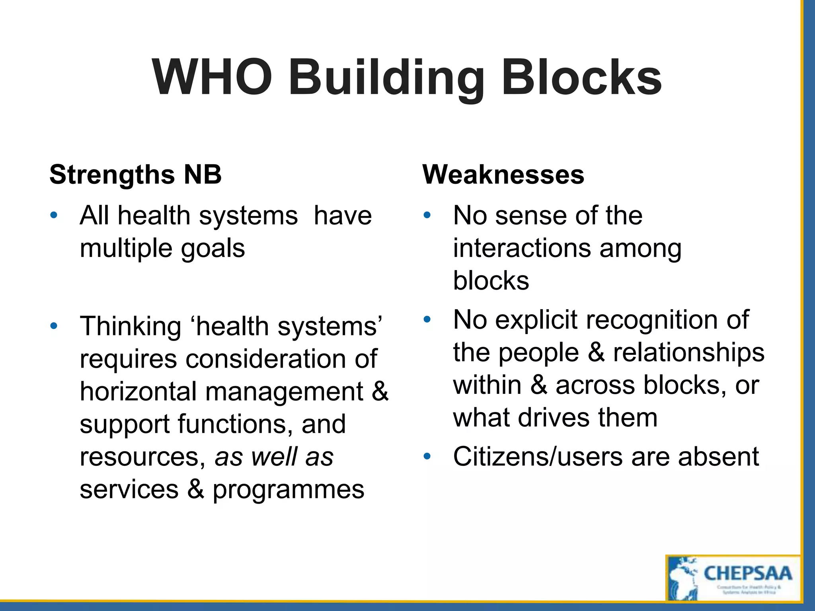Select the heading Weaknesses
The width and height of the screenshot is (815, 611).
(503, 175)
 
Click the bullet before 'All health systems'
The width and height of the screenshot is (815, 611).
(54, 216)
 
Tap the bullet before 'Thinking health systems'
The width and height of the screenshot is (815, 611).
(54, 326)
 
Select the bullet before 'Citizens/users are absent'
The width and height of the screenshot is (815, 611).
(427, 456)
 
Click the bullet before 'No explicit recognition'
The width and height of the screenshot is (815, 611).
(427, 319)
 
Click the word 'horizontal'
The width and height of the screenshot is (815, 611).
(138, 391)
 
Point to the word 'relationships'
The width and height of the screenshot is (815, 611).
(688, 352)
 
